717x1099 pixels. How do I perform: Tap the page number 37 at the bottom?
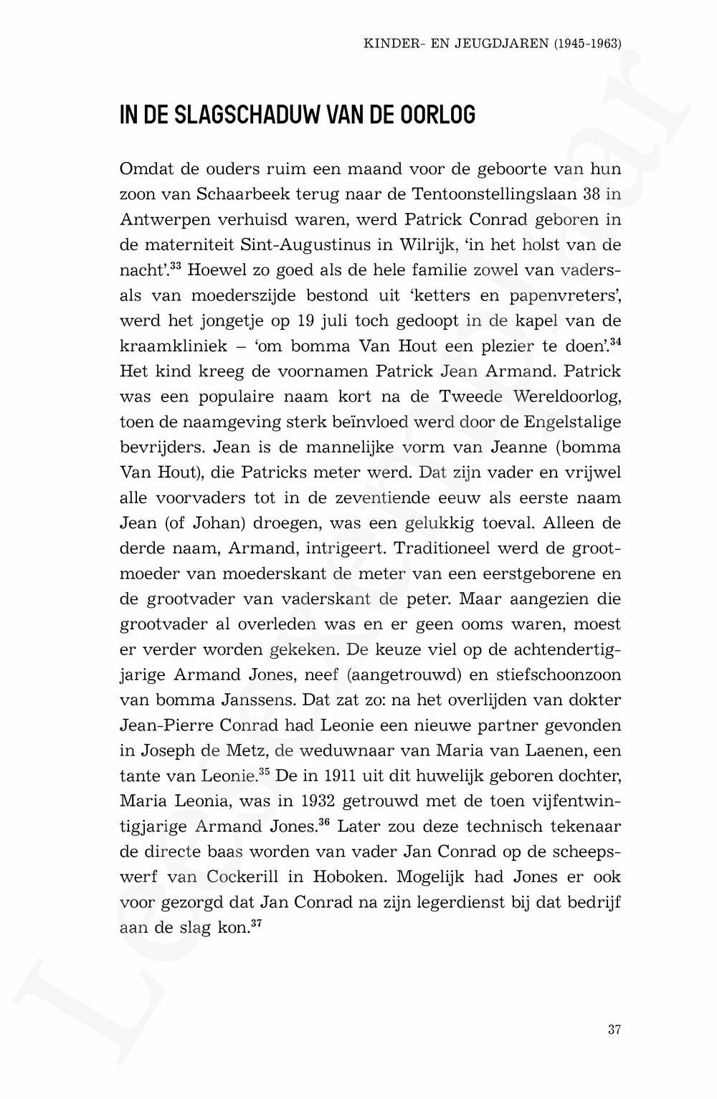click(x=614, y=1030)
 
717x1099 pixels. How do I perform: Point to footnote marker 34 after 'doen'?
click(x=615, y=342)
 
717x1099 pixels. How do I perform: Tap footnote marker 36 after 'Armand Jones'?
click(x=323, y=822)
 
